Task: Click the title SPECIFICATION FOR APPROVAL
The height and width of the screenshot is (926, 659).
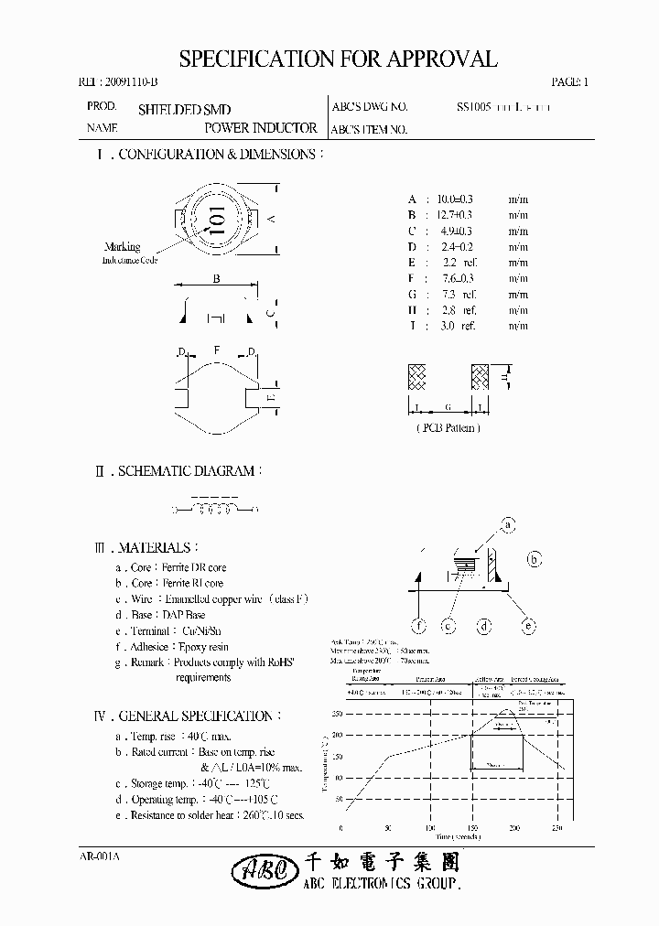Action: [338, 60]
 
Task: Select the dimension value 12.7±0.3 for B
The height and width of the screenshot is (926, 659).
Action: [455, 214]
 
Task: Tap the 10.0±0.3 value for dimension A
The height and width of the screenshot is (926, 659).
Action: [455, 199]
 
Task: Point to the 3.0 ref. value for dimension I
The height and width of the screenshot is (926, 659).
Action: [457, 326]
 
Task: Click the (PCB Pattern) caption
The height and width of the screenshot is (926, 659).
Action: [448, 427]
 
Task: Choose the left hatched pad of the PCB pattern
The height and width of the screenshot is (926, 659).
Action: [417, 378]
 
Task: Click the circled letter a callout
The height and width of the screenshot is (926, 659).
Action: [508, 524]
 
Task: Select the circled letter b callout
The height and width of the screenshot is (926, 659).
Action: [535, 560]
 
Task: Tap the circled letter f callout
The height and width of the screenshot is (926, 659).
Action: [419, 626]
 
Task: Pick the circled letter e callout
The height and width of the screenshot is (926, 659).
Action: [528, 626]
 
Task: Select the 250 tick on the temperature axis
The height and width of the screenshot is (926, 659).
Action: [336, 714]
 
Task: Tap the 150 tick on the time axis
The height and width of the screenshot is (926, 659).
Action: [472, 827]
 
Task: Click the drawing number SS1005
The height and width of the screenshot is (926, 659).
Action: [474, 107]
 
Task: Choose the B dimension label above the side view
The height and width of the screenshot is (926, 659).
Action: [216, 280]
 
